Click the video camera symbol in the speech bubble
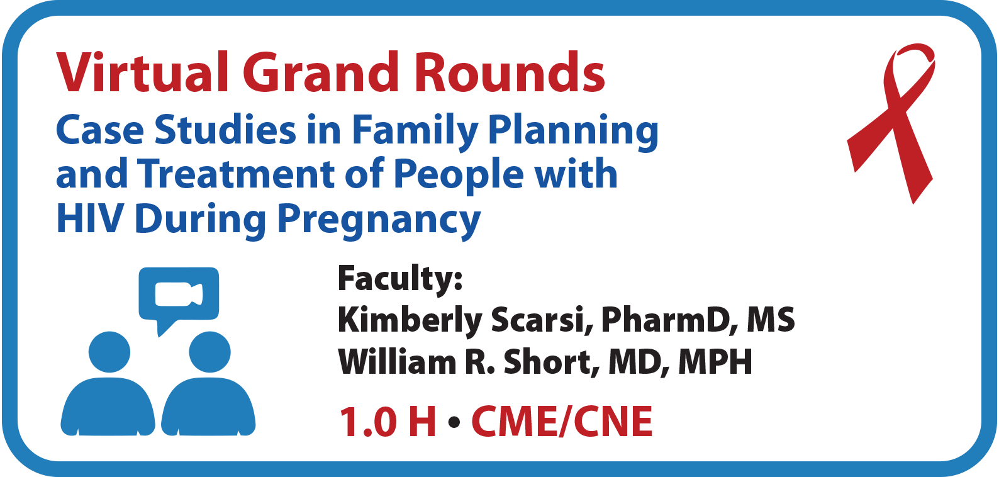tap(179, 295)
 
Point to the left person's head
tap(109, 352)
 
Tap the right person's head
tap(209, 352)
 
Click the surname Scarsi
tap(542, 320)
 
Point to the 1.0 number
tap(368, 422)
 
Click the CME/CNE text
tap(562, 422)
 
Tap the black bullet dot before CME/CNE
tap(454, 422)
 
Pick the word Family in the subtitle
tap(415, 131)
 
